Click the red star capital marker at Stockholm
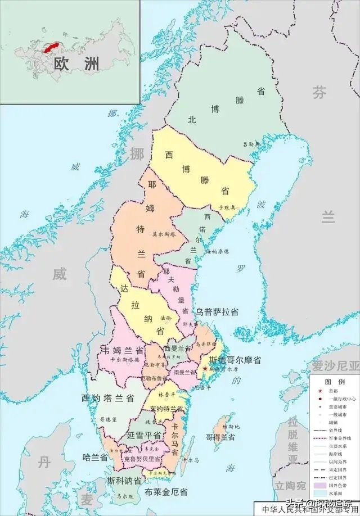pyautogui.click(x=205, y=369)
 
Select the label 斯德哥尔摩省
pyautogui.click(x=235, y=360)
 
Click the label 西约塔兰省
pyautogui.click(x=107, y=398)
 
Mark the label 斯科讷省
pyautogui.click(x=125, y=482)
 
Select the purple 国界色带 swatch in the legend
pyautogui.click(x=319, y=483)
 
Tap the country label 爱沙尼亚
pyautogui.click(x=336, y=366)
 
